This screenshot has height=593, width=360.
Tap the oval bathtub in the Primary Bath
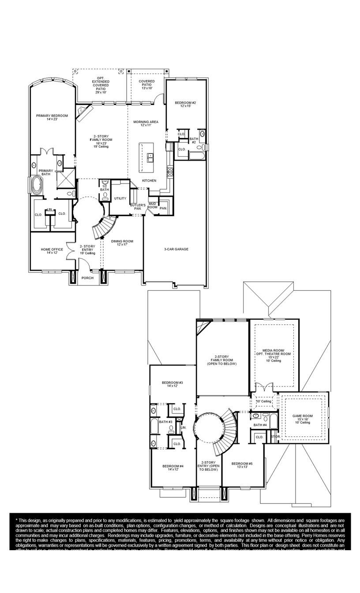pyautogui.click(x=36, y=185)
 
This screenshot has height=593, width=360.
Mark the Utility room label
pyautogui.click(x=120, y=199)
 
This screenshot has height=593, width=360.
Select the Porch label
pyautogui.click(x=88, y=278)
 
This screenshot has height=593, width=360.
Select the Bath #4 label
pyautogui.click(x=260, y=425)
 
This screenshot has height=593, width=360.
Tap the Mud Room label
pyautogui.click(x=152, y=205)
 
